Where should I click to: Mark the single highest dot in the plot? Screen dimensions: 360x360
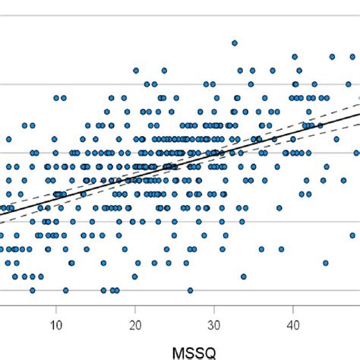click(x=234, y=43)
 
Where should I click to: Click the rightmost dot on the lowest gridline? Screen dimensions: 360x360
click(x=190, y=290)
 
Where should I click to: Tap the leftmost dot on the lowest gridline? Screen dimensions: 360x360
click(x=32, y=290)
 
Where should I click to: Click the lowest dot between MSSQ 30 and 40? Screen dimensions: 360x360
click(x=243, y=277)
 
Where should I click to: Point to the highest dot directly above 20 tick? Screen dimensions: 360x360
click(x=136, y=71)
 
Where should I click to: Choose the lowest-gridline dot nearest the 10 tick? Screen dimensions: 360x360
click(x=65, y=290)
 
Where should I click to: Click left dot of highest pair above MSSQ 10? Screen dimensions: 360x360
click(x=55, y=97)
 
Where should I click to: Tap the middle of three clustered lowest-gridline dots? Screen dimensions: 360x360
click(x=112, y=290)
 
